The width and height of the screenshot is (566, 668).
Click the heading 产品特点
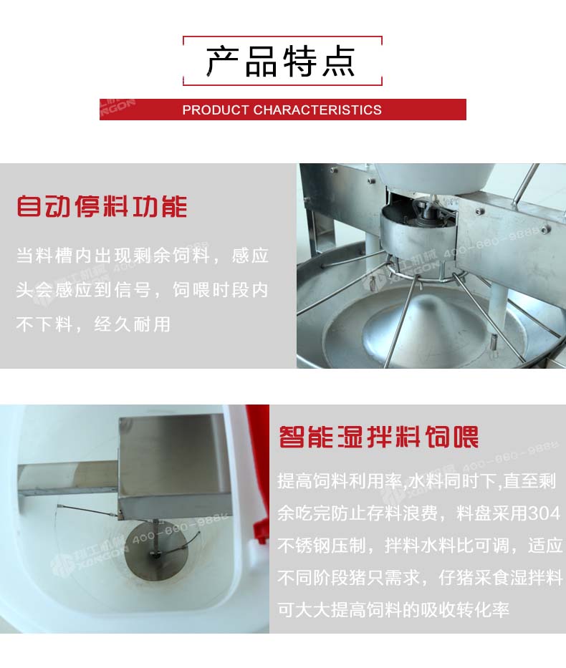pyautogui.click(x=280, y=61)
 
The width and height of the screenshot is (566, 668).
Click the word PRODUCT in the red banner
pyautogui.click(x=215, y=110)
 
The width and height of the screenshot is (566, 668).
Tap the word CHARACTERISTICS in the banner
pyautogui.click(x=317, y=110)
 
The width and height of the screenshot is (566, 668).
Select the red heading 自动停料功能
pyautogui.click(x=102, y=207)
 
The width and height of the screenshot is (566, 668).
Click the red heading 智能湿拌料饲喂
pyautogui.click(x=378, y=436)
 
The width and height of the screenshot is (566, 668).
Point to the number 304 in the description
pyautogui.click(x=544, y=513)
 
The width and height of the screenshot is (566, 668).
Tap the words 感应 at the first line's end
pyautogui.click(x=250, y=256)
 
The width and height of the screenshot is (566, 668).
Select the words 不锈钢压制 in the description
pyautogui.click(x=322, y=546)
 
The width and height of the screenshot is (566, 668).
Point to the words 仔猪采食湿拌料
pyautogui.click(x=501, y=578)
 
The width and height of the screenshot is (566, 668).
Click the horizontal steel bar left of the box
pyautogui.click(x=68, y=479)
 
